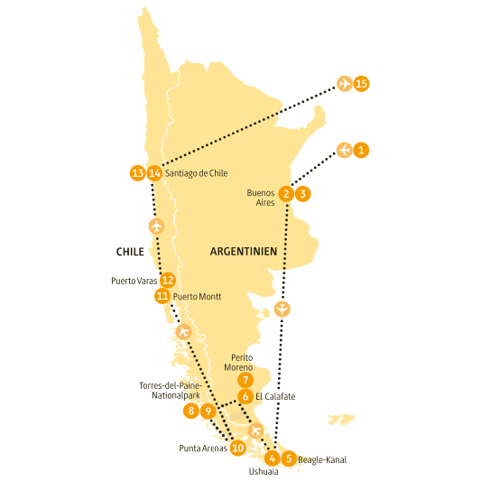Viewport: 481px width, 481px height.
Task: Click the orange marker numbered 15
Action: pyautogui.click(x=362, y=84)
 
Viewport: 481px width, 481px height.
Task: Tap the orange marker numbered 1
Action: pyautogui.click(x=361, y=150)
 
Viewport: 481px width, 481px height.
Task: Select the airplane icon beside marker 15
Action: pyautogui.click(x=344, y=84)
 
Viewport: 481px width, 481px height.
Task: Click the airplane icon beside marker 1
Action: pyautogui.click(x=343, y=150)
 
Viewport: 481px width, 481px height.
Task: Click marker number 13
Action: pyautogui.click(x=137, y=173)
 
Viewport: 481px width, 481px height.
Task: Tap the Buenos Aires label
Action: pyautogui.click(x=260, y=198)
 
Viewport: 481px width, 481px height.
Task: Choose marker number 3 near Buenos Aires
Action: pyautogui.click(x=303, y=193)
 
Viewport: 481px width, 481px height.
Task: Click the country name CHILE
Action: pyautogui.click(x=131, y=251)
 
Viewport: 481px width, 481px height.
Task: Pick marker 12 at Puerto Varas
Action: pyautogui.click(x=167, y=281)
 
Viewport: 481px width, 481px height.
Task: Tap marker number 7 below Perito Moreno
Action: pyautogui.click(x=245, y=380)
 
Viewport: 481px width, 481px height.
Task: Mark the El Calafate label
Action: pyautogui.click(x=274, y=396)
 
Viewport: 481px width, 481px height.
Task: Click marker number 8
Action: pyautogui.click(x=190, y=411)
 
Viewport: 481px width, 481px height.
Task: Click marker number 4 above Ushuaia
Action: pyautogui.click(x=273, y=458)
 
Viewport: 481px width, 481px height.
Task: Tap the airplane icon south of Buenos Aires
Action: pyautogui.click(x=282, y=309)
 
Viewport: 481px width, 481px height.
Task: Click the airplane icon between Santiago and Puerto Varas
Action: pyautogui.click(x=157, y=226)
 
